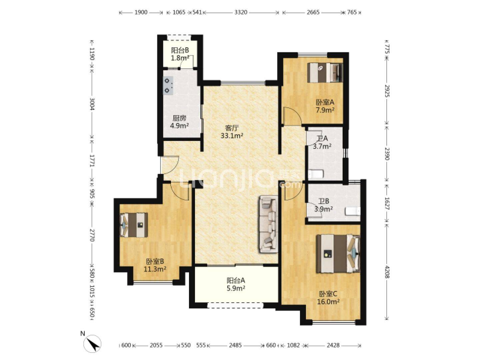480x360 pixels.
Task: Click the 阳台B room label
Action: (180, 51)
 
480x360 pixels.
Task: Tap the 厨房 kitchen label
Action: (180, 118)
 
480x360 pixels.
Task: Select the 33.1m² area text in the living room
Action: (232, 136)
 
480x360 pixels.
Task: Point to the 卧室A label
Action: (325, 102)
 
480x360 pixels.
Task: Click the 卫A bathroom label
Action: (322, 138)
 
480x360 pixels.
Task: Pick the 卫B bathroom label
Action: (324, 201)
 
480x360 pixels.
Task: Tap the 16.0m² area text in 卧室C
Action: (328, 302)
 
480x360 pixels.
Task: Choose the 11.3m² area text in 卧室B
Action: (155, 269)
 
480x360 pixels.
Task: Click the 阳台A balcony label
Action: (236, 280)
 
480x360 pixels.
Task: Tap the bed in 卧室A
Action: (325, 73)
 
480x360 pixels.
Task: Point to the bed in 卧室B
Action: (134, 225)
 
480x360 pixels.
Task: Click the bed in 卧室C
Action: (338, 254)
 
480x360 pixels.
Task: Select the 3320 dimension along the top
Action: (241, 12)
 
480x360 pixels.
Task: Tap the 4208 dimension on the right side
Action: (387, 272)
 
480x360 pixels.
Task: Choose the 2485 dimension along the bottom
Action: (235, 345)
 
